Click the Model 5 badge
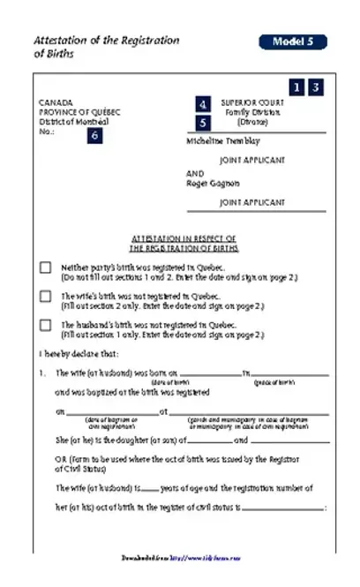coord(293,41)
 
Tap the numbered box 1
coord(296,87)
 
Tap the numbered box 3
coord(314,87)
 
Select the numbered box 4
coord(204,104)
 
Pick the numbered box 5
coord(204,123)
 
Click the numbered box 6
coord(94,135)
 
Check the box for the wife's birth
coord(45,297)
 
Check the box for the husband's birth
coord(45,325)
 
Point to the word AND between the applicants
coord(196,174)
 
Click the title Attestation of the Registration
coord(106,41)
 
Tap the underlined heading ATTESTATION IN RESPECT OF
coord(184,238)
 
